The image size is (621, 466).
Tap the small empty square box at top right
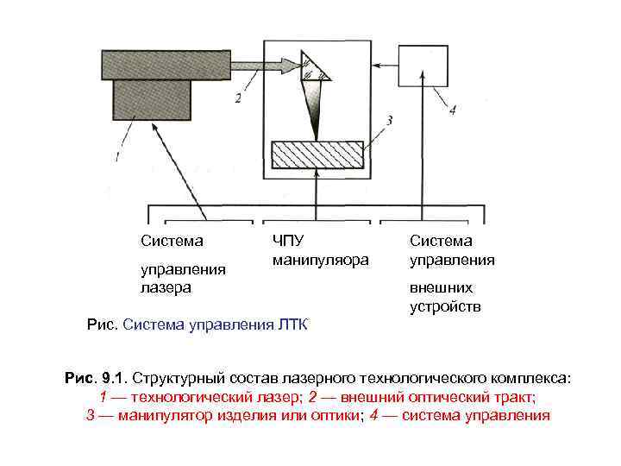423,65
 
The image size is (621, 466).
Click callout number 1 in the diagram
116,157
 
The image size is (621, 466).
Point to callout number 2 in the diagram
237,98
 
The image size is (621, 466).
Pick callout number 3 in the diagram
390,120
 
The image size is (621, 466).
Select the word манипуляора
320,259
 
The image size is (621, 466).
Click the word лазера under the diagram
166,287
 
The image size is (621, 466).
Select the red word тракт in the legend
514,397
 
